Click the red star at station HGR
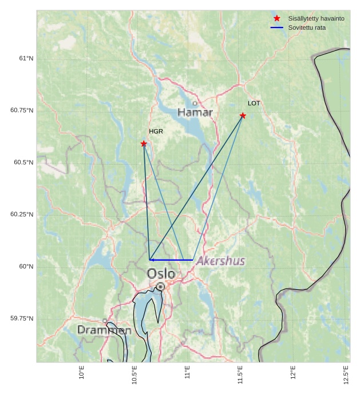tap(144, 143)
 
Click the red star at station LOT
tap(243, 115)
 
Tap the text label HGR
tap(156, 131)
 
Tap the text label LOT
tap(254, 103)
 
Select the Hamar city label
tap(195, 113)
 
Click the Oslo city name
tap(161, 274)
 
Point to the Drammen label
tap(104, 330)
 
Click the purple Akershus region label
tap(221, 261)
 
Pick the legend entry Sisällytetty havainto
tap(316, 18)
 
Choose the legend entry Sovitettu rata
tap(307, 27)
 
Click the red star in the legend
tap(277, 18)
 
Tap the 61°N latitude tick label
tap(26, 58)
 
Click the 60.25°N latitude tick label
tap(22, 214)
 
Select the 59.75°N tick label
tap(22, 318)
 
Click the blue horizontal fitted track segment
tap(172, 260)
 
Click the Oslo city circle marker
tap(161, 286)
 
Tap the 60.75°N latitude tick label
tap(22, 110)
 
